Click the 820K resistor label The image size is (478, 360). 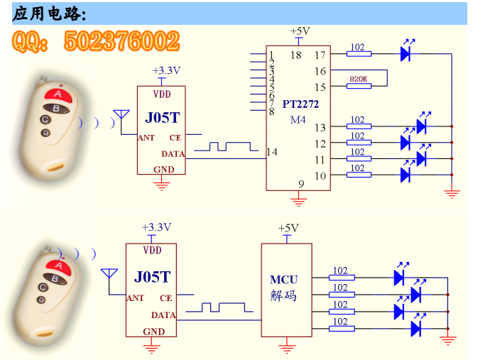[x=358, y=79]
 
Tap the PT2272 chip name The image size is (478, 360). [x=300, y=104]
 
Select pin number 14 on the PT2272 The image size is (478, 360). [x=272, y=152]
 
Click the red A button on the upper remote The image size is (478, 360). [x=58, y=94]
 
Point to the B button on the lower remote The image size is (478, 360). [x=55, y=278]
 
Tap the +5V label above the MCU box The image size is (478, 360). [x=288, y=228]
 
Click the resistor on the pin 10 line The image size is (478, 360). [x=359, y=175]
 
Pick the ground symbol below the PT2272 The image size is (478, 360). [x=298, y=201]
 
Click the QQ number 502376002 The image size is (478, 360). [x=122, y=41]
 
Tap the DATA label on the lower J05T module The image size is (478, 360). [x=163, y=315]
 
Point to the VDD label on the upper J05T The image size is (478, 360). [x=161, y=94]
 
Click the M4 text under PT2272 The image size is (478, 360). [x=298, y=119]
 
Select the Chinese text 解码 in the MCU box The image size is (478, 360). [x=283, y=295]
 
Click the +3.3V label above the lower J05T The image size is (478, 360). [x=156, y=227]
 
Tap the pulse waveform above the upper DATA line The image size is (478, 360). [x=226, y=146]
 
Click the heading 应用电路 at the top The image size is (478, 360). [x=49, y=14]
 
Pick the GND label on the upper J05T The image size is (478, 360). [x=163, y=170]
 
